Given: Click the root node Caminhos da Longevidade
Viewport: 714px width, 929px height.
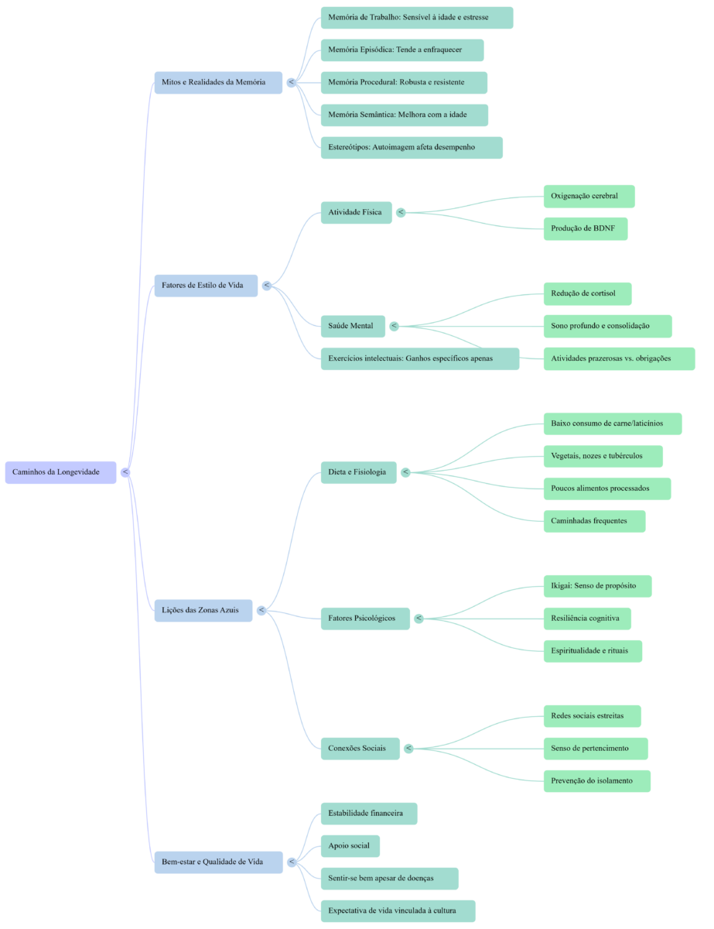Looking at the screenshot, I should click(x=60, y=472).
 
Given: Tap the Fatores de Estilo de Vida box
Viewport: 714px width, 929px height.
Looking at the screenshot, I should click(x=206, y=286).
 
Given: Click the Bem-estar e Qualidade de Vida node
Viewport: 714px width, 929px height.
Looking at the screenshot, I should click(x=218, y=862).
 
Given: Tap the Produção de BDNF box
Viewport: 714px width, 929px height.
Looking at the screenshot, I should click(x=585, y=228).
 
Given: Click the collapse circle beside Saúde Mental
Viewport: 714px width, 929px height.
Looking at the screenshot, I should click(x=394, y=326).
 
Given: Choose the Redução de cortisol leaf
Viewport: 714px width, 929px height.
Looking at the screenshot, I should click(x=587, y=293).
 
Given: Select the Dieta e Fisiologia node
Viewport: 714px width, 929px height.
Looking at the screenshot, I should click(x=358, y=472).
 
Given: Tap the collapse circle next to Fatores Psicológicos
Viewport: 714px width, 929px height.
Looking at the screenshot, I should click(x=418, y=619).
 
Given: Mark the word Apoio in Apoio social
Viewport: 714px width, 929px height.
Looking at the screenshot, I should click(x=338, y=846).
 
